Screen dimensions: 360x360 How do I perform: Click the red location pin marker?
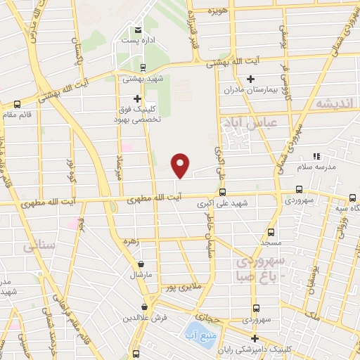pos(181,165)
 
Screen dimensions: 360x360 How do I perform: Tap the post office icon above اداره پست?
pos(138,30)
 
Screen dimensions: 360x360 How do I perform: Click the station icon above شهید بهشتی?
pos(143,68)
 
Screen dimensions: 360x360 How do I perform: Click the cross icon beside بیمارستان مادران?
pos(251,78)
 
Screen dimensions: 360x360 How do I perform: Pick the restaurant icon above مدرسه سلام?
pos(316,155)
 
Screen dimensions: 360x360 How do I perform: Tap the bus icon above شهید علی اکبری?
pos(222,192)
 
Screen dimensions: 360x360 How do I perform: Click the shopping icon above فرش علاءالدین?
pos(145,307)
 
